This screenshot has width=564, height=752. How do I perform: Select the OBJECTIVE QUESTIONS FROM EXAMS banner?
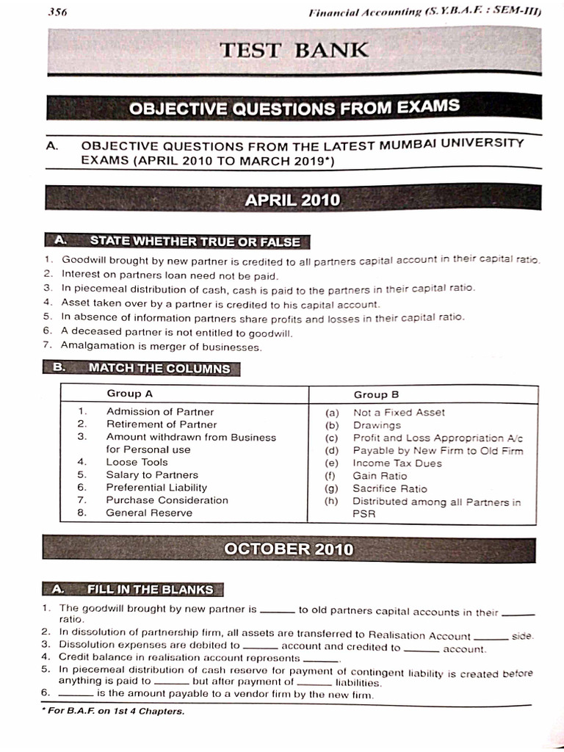point(294,108)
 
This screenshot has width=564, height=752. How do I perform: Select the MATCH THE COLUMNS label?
point(159,369)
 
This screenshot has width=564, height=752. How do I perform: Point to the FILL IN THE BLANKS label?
point(150,590)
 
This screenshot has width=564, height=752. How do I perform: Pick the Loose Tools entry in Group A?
point(137,463)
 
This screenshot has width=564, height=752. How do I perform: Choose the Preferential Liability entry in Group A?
point(156,488)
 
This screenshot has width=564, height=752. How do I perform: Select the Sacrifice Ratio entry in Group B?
point(389,488)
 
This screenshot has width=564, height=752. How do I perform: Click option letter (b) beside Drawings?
point(332,425)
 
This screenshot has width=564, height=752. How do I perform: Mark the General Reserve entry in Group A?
point(149,513)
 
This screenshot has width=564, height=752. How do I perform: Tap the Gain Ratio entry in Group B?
point(380,476)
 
